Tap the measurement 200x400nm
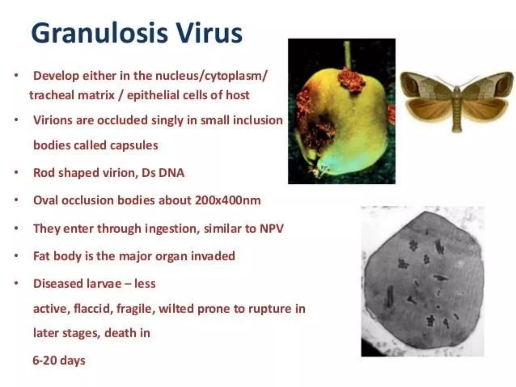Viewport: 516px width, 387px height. coord(228,201)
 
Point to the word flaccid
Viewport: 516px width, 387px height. coord(93,309)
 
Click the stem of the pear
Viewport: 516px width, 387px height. coord(347,54)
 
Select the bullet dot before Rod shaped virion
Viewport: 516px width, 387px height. coord(16,173)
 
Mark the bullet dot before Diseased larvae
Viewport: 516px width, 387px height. coord(16,284)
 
